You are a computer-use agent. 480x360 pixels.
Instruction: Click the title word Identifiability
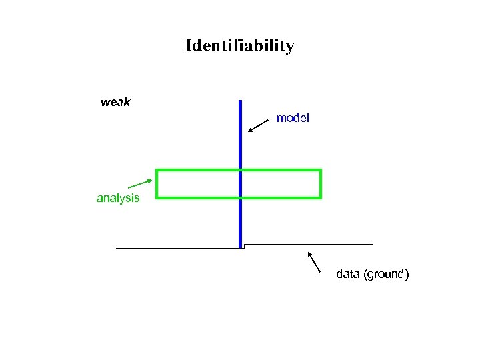tap(239, 46)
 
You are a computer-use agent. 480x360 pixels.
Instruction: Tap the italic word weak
tap(115, 103)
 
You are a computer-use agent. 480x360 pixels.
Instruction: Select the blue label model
tap(293, 118)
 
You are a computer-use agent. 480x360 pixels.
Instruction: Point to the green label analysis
tap(118, 198)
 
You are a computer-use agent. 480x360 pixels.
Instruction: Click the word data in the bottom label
tap(348, 274)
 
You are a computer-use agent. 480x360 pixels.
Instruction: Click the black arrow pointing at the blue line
tap(258, 125)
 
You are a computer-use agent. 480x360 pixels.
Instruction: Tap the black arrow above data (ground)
tap(314, 262)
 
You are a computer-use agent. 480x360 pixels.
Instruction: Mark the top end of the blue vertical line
tap(240, 101)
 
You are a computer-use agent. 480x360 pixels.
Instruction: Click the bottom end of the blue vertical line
tap(240, 247)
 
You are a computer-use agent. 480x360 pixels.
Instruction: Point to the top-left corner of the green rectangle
tap(157, 171)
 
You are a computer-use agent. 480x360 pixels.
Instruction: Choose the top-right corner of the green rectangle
tap(321, 171)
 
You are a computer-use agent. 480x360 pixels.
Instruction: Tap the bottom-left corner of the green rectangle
tap(157, 197)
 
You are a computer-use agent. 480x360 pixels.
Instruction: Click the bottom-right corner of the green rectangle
tap(321, 197)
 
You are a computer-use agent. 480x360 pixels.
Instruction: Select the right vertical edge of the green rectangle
tap(321, 184)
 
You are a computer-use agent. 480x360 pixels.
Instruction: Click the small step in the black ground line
tap(244, 246)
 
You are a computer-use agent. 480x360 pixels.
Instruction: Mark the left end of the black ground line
tap(117, 248)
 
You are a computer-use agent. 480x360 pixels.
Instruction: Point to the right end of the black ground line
tap(372, 244)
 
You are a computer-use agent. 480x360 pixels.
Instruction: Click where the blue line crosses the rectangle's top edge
tap(240, 171)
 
